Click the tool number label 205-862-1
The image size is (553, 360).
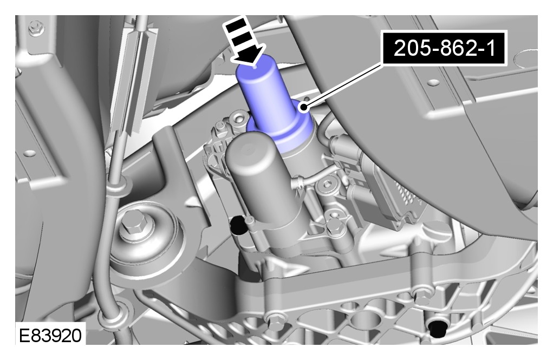[444, 48]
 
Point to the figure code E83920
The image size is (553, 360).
[50, 335]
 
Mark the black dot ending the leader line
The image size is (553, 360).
[304, 107]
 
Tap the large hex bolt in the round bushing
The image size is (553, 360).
[133, 225]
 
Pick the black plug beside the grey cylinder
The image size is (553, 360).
[238, 225]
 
